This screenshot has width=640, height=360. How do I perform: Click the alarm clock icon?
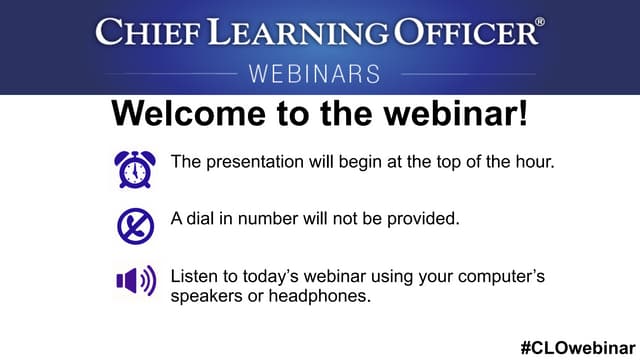(x=133, y=169)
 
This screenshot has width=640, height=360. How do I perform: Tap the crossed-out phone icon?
(x=134, y=225)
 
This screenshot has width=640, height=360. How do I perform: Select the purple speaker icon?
(x=135, y=281)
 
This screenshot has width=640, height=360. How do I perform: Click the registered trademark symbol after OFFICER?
(x=540, y=22)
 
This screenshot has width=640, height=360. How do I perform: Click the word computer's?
(x=498, y=274)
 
